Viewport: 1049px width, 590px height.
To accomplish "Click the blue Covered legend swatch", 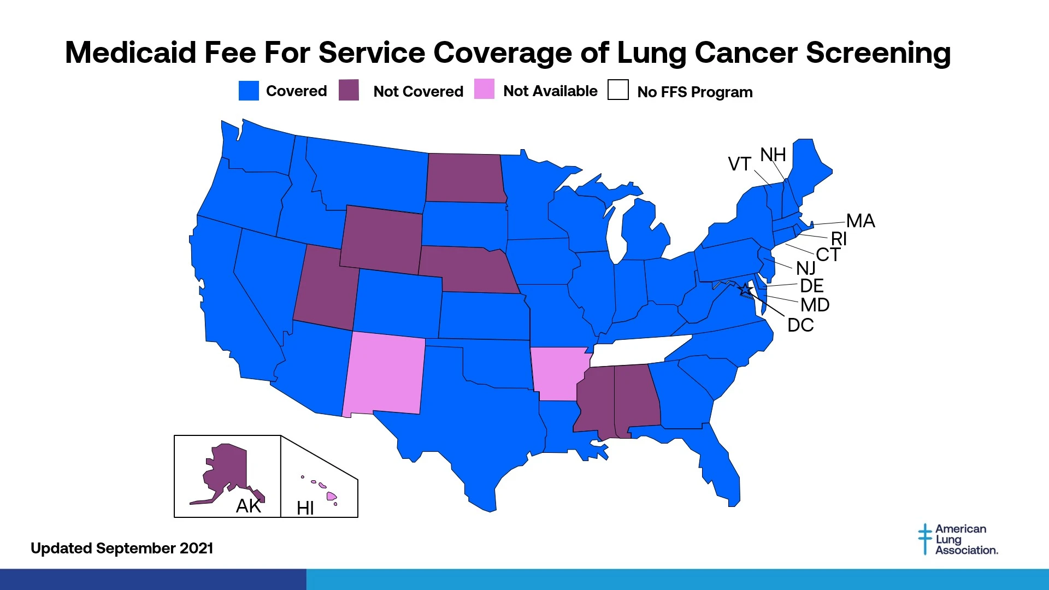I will pyautogui.click(x=249, y=91).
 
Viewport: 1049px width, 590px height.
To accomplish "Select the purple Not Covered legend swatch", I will pyautogui.click(x=349, y=90).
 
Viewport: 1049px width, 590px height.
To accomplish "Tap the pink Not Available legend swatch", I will pyautogui.click(x=484, y=90).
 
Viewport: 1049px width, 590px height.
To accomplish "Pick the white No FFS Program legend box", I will pyautogui.click(x=618, y=90).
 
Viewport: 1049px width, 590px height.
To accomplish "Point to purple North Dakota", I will pyautogui.click(x=464, y=178).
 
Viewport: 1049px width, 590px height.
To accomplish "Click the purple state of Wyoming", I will pyautogui.click(x=381, y=239).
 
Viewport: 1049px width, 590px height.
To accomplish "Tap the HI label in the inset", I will pyautogui.click(x=305, y=509).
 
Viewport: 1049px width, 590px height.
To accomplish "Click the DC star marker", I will pyautogui.click(x=745, y=290).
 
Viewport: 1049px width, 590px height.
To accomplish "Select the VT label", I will pyautogui.click(x=739, y=164).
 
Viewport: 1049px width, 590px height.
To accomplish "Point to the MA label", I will pyautogui.click(x=861, y=221).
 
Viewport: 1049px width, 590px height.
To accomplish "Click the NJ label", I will pyautogui.click(x=805, y=268).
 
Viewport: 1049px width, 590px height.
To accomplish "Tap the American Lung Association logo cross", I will pyautogui.click(x=925, y=539).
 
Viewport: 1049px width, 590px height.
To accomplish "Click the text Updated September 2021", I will pyautogui.click(x=122, y=548).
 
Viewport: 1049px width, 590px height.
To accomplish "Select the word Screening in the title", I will pyautogui.click(x=878, y=53).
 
